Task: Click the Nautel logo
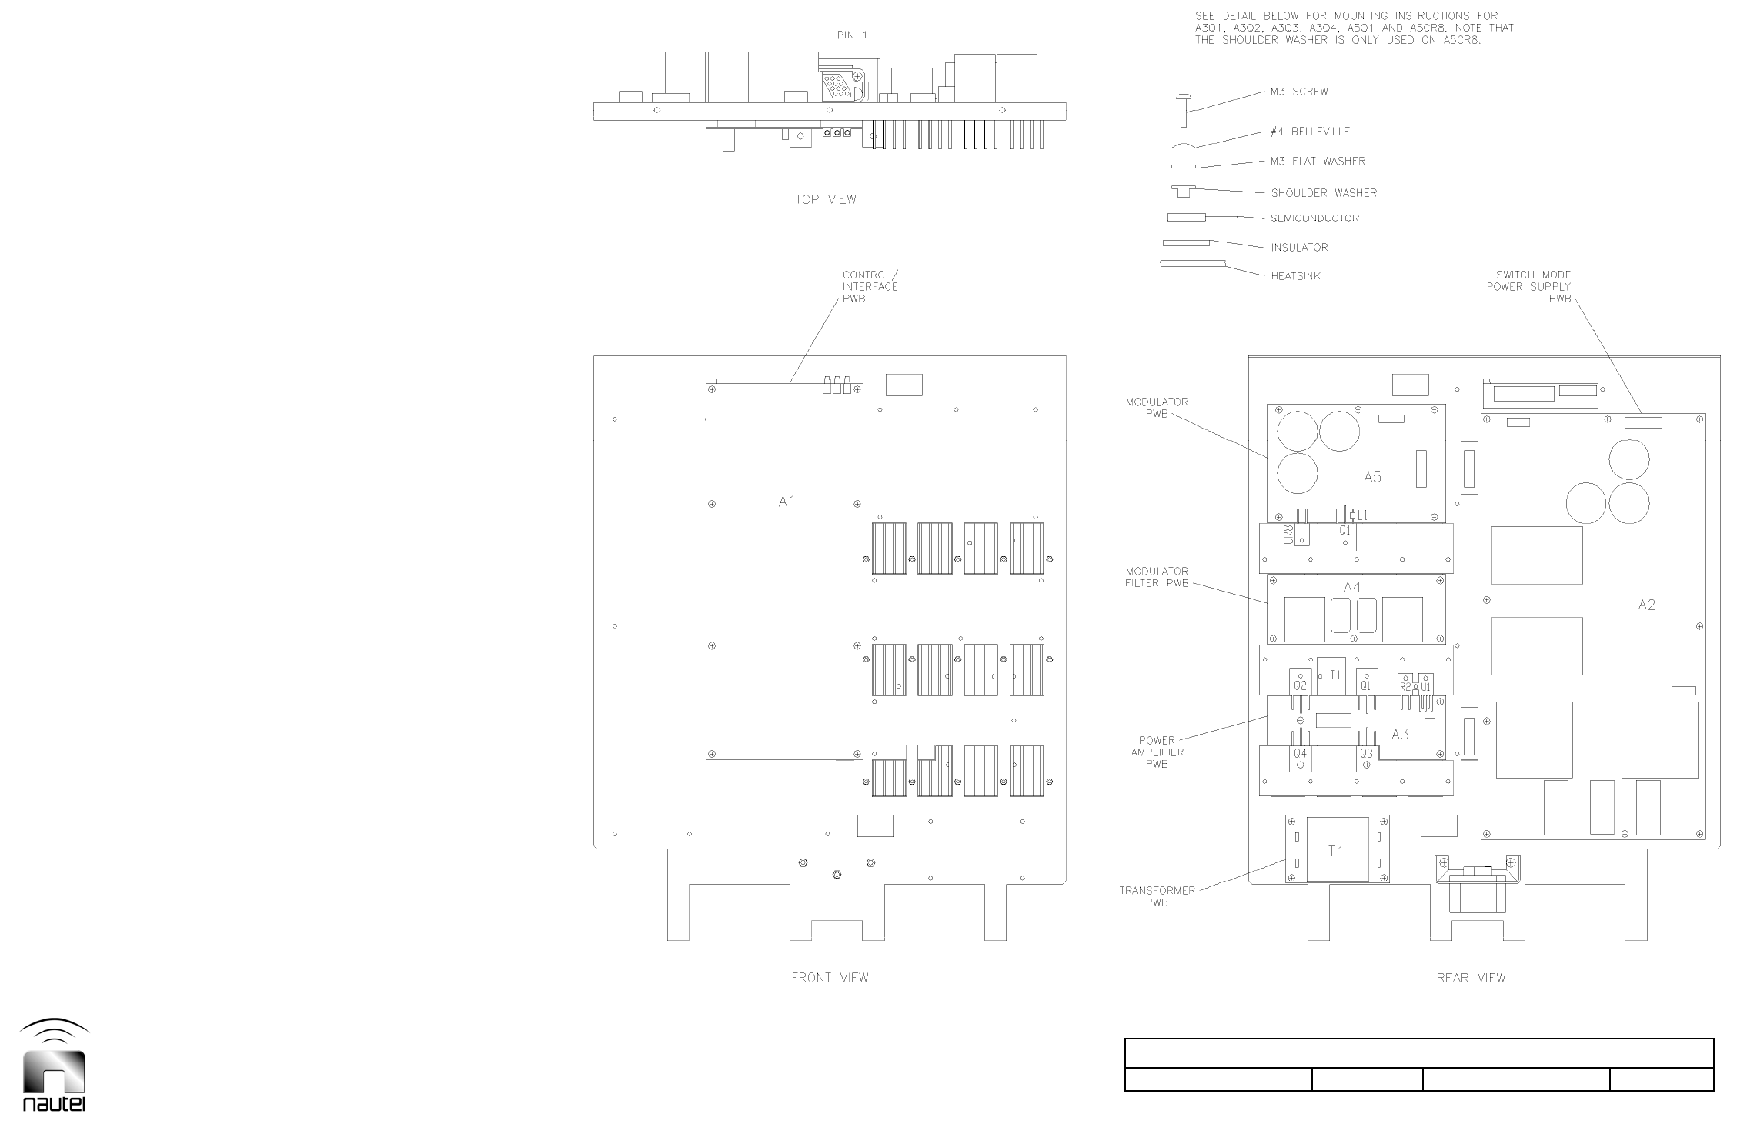(54, 1066)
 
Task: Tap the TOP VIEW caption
(825, 200)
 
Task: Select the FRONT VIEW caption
(830, 978)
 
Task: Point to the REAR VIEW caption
(1471, 978)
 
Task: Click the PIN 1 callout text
(852, 35)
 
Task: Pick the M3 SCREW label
(1299, 92)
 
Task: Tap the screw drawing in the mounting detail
(1184, 109)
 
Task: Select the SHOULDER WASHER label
(1324, 193)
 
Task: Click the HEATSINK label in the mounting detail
(1295, 275)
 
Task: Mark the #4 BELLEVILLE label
(1310, 132)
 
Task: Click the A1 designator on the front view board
(786, 502)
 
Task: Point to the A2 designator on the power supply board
(1646, 605)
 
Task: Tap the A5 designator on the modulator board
(1372, 477)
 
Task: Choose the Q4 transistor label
(1300, 754)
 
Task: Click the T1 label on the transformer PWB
(1336, 851)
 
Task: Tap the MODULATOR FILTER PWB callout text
(1157, 577)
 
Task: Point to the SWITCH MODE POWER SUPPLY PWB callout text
(1528, 286)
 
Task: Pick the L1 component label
(1362, 515)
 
